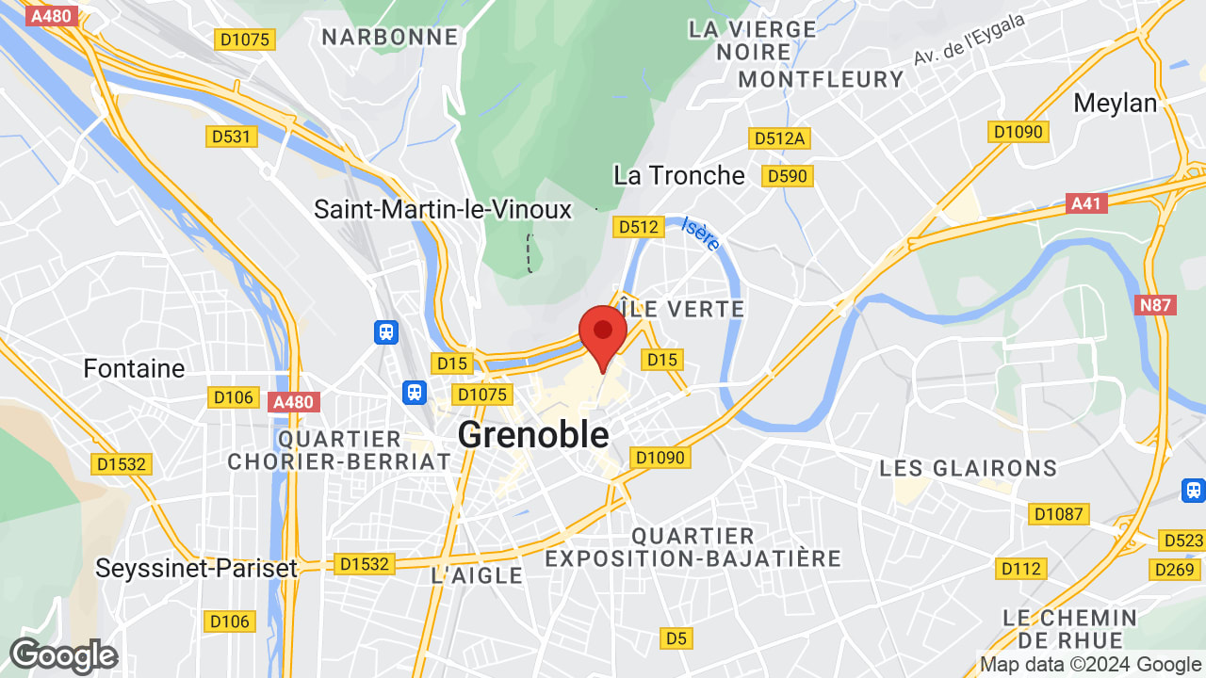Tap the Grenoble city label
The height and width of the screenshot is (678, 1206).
pyautogui.click(x=533, y=435)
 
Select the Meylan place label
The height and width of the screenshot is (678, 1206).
pyautogui.click(x=1116, y=103)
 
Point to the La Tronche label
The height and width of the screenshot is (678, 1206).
pyautogui.click(x=678, y=175)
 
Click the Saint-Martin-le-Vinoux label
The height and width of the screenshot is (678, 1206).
pyautogui.click(x=443, y=209)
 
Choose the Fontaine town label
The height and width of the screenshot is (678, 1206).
pyautogui.click(x=134, y=368)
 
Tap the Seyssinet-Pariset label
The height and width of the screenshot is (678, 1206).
pyautogui.click(x=197, y=568)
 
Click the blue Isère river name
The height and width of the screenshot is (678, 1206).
pyautogui.click(x=701, y=234)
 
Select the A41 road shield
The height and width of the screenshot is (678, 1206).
pyautogui.click(x=1088, y=203)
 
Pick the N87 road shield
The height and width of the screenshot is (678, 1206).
pyautogui.click(x=1156, y=305)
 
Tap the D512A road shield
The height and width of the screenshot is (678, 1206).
pyautogui.click(x=779, y=138)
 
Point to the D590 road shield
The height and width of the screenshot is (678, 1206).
pyautogui.click(x=788, y=176)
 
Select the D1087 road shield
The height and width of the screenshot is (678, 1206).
pyautogui.click(x=1060, y=514)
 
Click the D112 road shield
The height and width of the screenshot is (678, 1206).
pyautogui.click(x=1021, y=569)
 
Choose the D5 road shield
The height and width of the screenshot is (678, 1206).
pyautogui.click(x=676, y=638)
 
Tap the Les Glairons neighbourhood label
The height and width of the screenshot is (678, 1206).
pyautogui.click(x=968, y=468)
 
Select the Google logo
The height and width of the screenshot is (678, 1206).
pyautogui.click(x=63, y=655)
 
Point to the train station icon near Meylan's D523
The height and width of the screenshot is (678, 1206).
pyautogui.click(x=1193, y=491)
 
